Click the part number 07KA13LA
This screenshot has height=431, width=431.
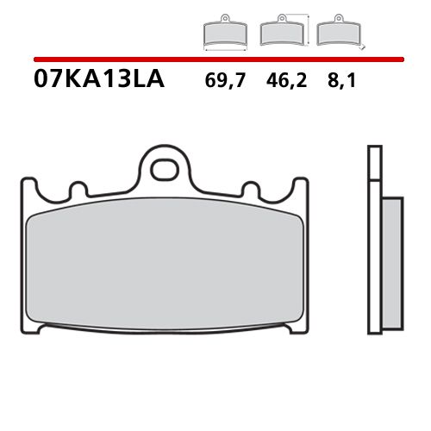tap(90, 83)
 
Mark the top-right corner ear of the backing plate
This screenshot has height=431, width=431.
tap(300, 184)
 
